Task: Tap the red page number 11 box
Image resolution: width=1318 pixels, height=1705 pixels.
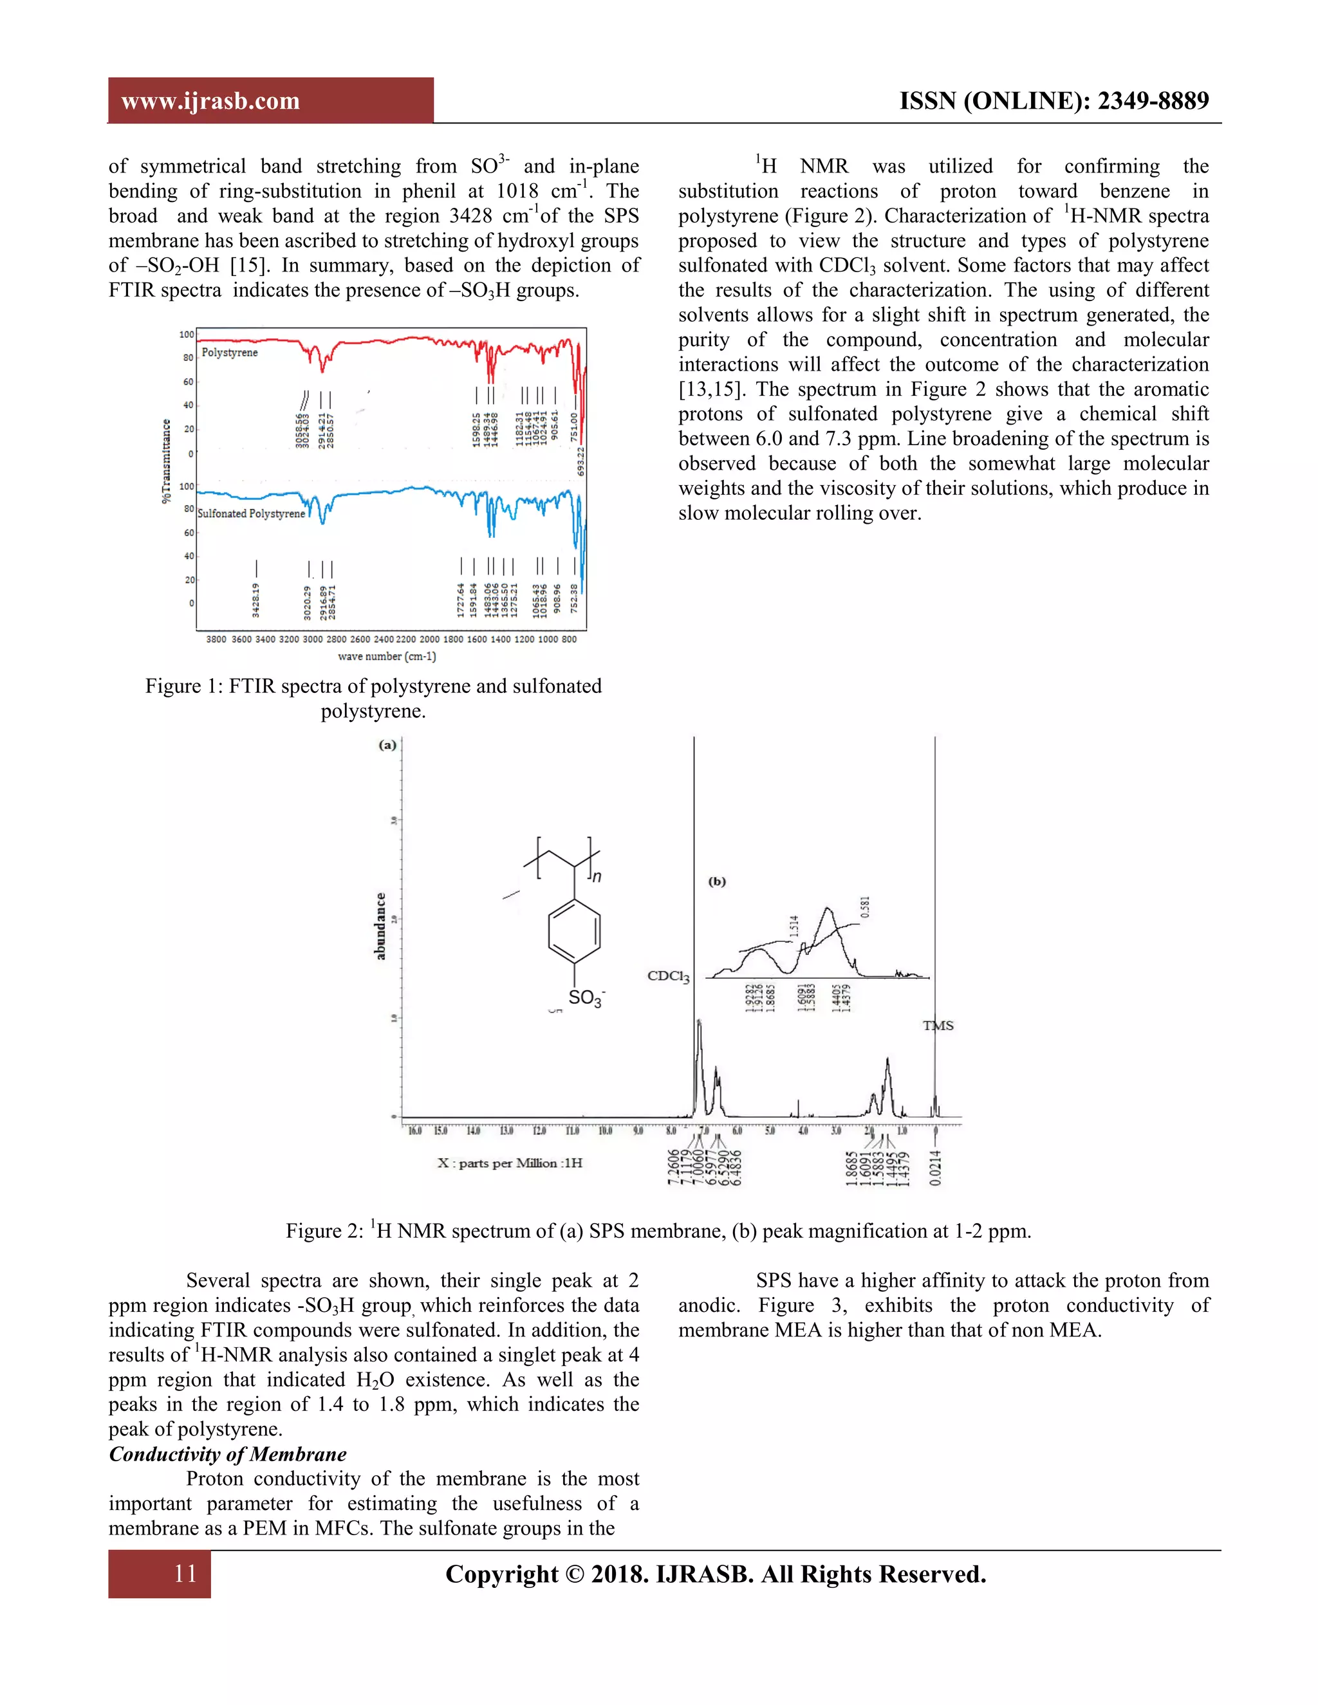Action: coord(160,1573)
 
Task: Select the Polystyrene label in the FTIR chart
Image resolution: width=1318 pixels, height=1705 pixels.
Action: coord(230,353)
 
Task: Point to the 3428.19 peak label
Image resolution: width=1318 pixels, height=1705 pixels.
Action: coord(256,600)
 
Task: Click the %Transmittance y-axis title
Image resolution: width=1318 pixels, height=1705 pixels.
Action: coord(166,461)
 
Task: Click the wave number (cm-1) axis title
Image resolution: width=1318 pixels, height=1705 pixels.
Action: coord(387,656)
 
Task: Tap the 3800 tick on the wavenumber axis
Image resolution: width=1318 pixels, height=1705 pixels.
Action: coord(216,640)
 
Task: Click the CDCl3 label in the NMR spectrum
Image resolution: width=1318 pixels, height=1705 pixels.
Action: coord(669,976)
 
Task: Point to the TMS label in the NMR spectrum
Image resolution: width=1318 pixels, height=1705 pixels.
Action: coord(938,1026)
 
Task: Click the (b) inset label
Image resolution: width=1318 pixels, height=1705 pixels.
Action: coord(717,881)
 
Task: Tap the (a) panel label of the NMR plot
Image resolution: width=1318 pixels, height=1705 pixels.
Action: coord(387,745)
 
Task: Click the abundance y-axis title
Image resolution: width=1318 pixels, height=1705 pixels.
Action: coord(380,926)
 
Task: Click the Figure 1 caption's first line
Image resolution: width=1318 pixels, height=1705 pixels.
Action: coord(373,687)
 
